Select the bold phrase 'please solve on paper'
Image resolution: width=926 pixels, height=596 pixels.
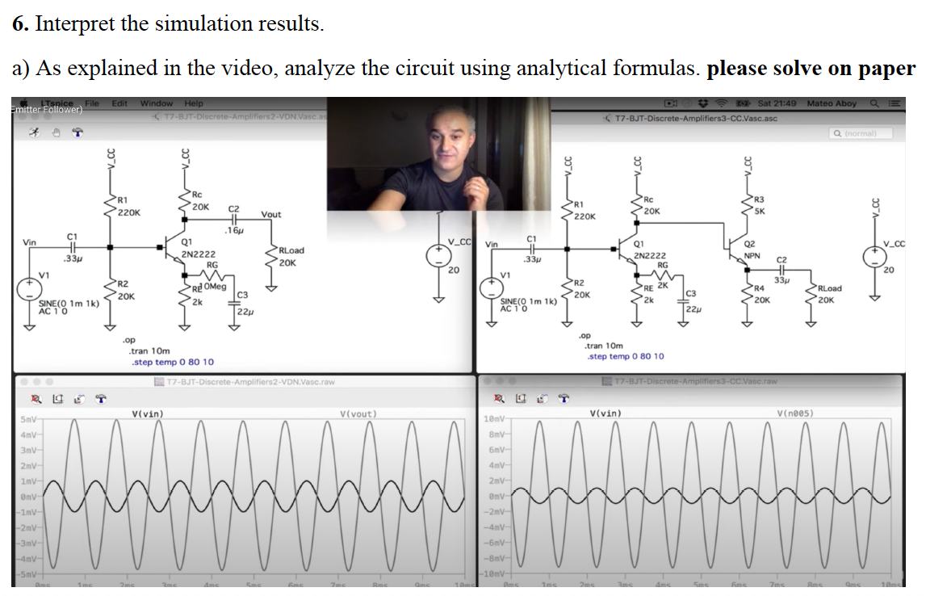(x=811, y=69)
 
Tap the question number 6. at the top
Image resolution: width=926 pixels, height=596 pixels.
(x=21, y=23)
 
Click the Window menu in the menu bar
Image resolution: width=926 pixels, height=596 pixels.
(x=157, y=103)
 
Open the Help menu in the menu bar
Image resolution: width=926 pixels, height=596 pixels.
(x=194, y=103)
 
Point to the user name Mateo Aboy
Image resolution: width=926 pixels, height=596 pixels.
(x=832, y=103)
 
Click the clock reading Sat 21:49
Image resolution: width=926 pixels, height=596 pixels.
(x=777, y=103)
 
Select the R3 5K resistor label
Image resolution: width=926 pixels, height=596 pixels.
(x=757, y=205)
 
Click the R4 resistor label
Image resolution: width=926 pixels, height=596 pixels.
(x=758, y=288)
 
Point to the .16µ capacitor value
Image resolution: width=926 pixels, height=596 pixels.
(x=235, y=230)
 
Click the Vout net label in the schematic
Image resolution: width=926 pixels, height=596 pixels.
(x=271, y=214)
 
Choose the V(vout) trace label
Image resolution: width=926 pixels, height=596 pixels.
(x=358, y=414)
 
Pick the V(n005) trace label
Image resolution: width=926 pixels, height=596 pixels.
(x=794, y=414)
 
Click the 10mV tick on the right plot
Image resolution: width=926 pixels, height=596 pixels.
(x=492, y=420)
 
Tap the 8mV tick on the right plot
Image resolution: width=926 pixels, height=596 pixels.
(x=495, y=434)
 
